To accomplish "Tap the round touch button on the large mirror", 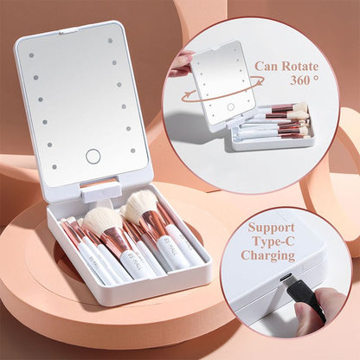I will coord(93,157).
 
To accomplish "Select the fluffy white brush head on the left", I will coord(103,222).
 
